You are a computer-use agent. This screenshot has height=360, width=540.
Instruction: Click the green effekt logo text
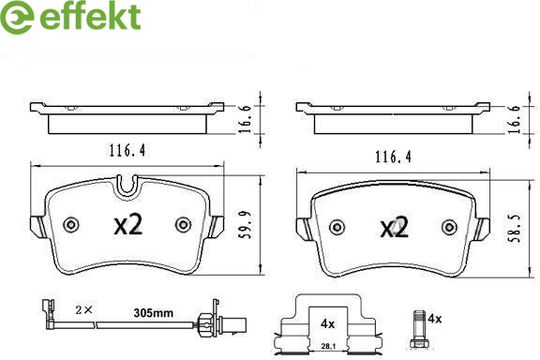pyautogui.click(x=90, y=16)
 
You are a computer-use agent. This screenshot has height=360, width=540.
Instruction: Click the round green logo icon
pyautogui.click(x=17, y=17)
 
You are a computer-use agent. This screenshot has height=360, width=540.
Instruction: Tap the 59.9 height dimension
pyautogui.click(x=246, y=225)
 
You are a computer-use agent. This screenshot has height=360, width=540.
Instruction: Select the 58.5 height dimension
pyautogui.click(x=516, y=229)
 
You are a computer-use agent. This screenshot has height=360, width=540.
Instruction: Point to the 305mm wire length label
pyautogui.click(x=153, y=313)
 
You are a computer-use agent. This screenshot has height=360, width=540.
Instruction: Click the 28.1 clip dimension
pyautogui.click(x=328, y=347)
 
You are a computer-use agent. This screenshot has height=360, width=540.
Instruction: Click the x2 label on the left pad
pyautogui.click(x=128, y=225)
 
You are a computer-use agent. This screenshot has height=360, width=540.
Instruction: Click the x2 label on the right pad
pyautogui.click(x=395, y=228)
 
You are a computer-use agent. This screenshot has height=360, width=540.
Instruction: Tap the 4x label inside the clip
pyautogui.click(x=327, y=323)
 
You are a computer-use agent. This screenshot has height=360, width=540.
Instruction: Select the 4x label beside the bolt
pyautogui.click(x=435, y=319)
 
